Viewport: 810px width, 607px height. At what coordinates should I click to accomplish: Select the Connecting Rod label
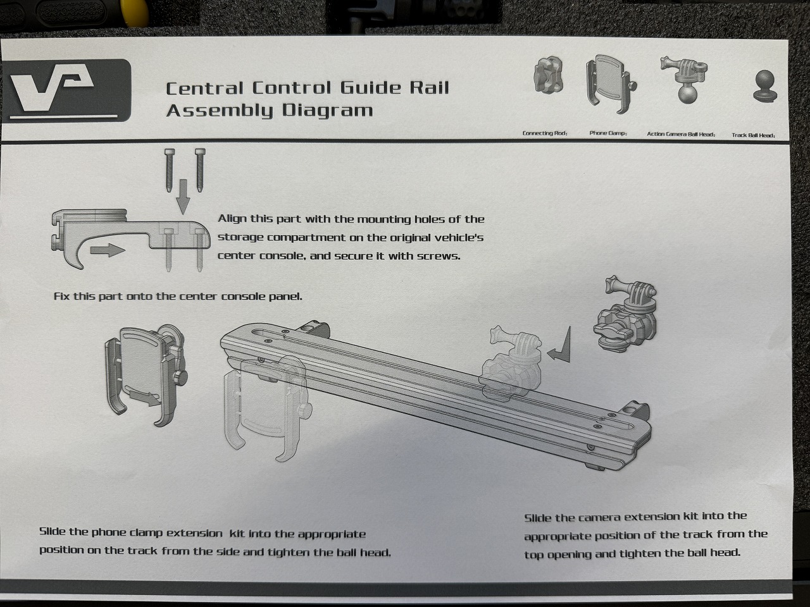coord(545,133)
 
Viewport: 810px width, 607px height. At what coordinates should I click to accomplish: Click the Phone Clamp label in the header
coord(607,133)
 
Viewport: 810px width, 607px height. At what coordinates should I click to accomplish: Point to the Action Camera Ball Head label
coord(681,134)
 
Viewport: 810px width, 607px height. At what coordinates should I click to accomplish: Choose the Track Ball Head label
coord(753,135)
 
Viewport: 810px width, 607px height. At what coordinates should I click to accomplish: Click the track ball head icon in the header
coord(765,86)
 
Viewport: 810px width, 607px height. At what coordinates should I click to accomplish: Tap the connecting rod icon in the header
coord(549,75)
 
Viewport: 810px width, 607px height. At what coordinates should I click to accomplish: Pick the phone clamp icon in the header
coord(611,84)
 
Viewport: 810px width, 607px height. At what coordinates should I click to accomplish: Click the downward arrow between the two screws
coord(183,197)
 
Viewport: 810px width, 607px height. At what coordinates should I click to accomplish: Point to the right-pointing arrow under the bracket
coord(108,250)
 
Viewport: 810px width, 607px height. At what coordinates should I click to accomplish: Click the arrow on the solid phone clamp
coord(145,398)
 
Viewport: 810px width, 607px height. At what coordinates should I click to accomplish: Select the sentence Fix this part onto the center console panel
coord(178,297)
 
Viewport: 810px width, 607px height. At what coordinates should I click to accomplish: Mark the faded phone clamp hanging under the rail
coord(266,409)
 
